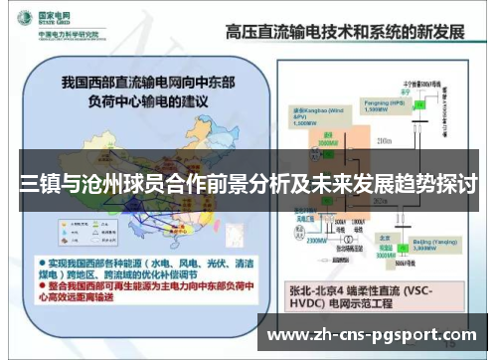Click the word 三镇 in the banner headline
(x=35, y=184)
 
